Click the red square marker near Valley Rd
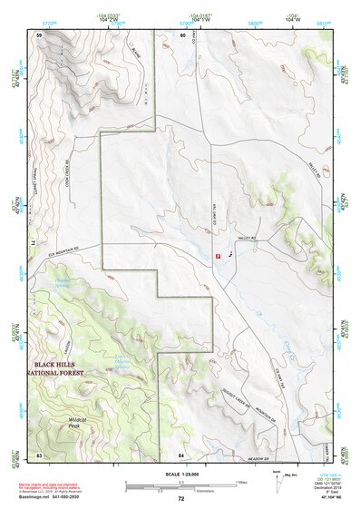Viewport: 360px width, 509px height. (219, 256)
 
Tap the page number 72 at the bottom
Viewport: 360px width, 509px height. (180, 499)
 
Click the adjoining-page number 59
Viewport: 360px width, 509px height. (39, 34)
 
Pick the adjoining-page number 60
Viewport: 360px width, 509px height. (182, 34)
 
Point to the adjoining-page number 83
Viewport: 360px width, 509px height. (39, 453)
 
